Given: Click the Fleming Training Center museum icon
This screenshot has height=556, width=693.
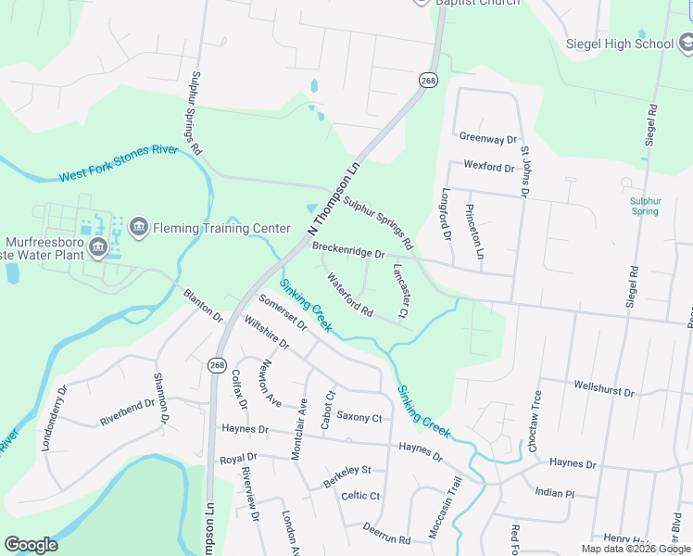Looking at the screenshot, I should point(139,226).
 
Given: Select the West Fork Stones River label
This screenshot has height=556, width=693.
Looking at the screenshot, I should point(118,164).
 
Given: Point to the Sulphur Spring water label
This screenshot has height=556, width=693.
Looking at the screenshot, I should point(645,206).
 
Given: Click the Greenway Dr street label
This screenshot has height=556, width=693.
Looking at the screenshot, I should point(487,138).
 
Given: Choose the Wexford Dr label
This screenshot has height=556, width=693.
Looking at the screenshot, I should point(488,168).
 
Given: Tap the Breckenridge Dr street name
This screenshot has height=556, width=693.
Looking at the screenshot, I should point(348,251).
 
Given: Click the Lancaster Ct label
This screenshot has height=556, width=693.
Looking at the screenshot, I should point(400,291).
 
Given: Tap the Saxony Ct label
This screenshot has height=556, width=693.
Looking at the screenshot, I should point(359,417).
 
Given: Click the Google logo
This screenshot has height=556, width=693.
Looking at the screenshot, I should point(31,545).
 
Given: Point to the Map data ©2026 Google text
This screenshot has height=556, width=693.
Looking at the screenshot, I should point(635,549).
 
